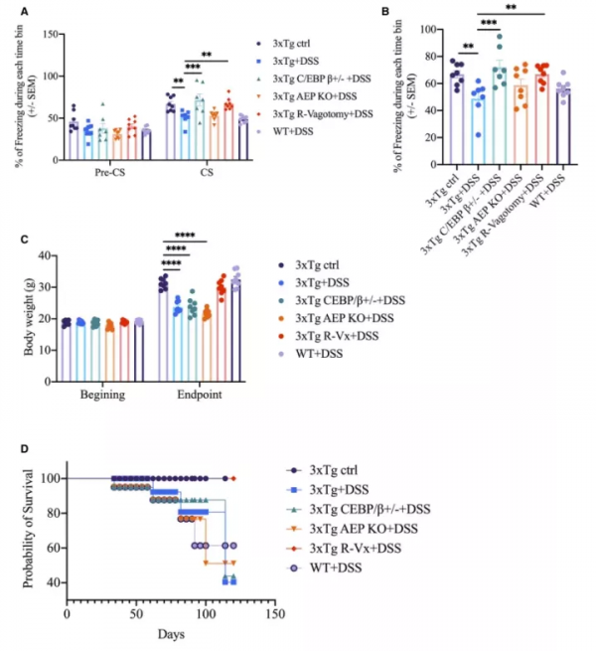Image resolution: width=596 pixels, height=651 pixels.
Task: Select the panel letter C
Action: coord(13,243)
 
